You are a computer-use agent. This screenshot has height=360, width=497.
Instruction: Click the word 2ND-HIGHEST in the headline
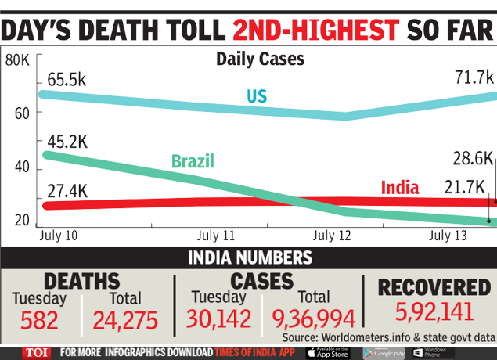[315, 29]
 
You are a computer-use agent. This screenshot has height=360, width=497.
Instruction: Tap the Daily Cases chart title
[260, 59]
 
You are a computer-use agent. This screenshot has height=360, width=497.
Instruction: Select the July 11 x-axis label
[216, 235]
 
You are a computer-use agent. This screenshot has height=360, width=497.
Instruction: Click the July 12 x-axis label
[332, 235]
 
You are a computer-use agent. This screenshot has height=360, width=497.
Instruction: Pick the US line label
[257, 95]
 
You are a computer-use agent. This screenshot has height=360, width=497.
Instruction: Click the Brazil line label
[193, 162]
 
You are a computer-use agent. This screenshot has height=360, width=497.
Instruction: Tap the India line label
[400, 187]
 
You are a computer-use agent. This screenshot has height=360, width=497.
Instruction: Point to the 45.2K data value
[67, 141]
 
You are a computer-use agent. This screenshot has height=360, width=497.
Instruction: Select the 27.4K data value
[67, 191]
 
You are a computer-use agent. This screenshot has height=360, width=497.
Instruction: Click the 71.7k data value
[474, 77]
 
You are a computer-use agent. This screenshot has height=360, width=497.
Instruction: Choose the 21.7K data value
[465, 188]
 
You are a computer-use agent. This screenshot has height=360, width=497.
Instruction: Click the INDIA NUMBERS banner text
[248, 258]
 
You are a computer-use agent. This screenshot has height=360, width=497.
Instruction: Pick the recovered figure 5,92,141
[434, 311]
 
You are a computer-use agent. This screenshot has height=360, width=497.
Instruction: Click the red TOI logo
[36, 353]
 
